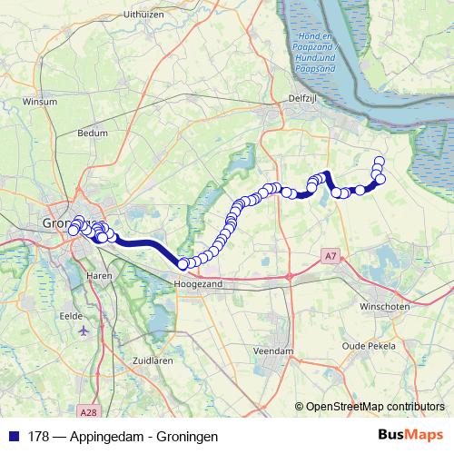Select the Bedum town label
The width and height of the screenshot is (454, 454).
click(x=94, y=133)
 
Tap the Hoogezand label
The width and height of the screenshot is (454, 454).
click(x=199, y=283)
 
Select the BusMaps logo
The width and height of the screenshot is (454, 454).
click(x=411, y=436)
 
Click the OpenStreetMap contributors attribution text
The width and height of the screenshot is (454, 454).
click(x=375, y=407)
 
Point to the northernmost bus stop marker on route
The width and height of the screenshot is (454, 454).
click(x=380, y=161)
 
